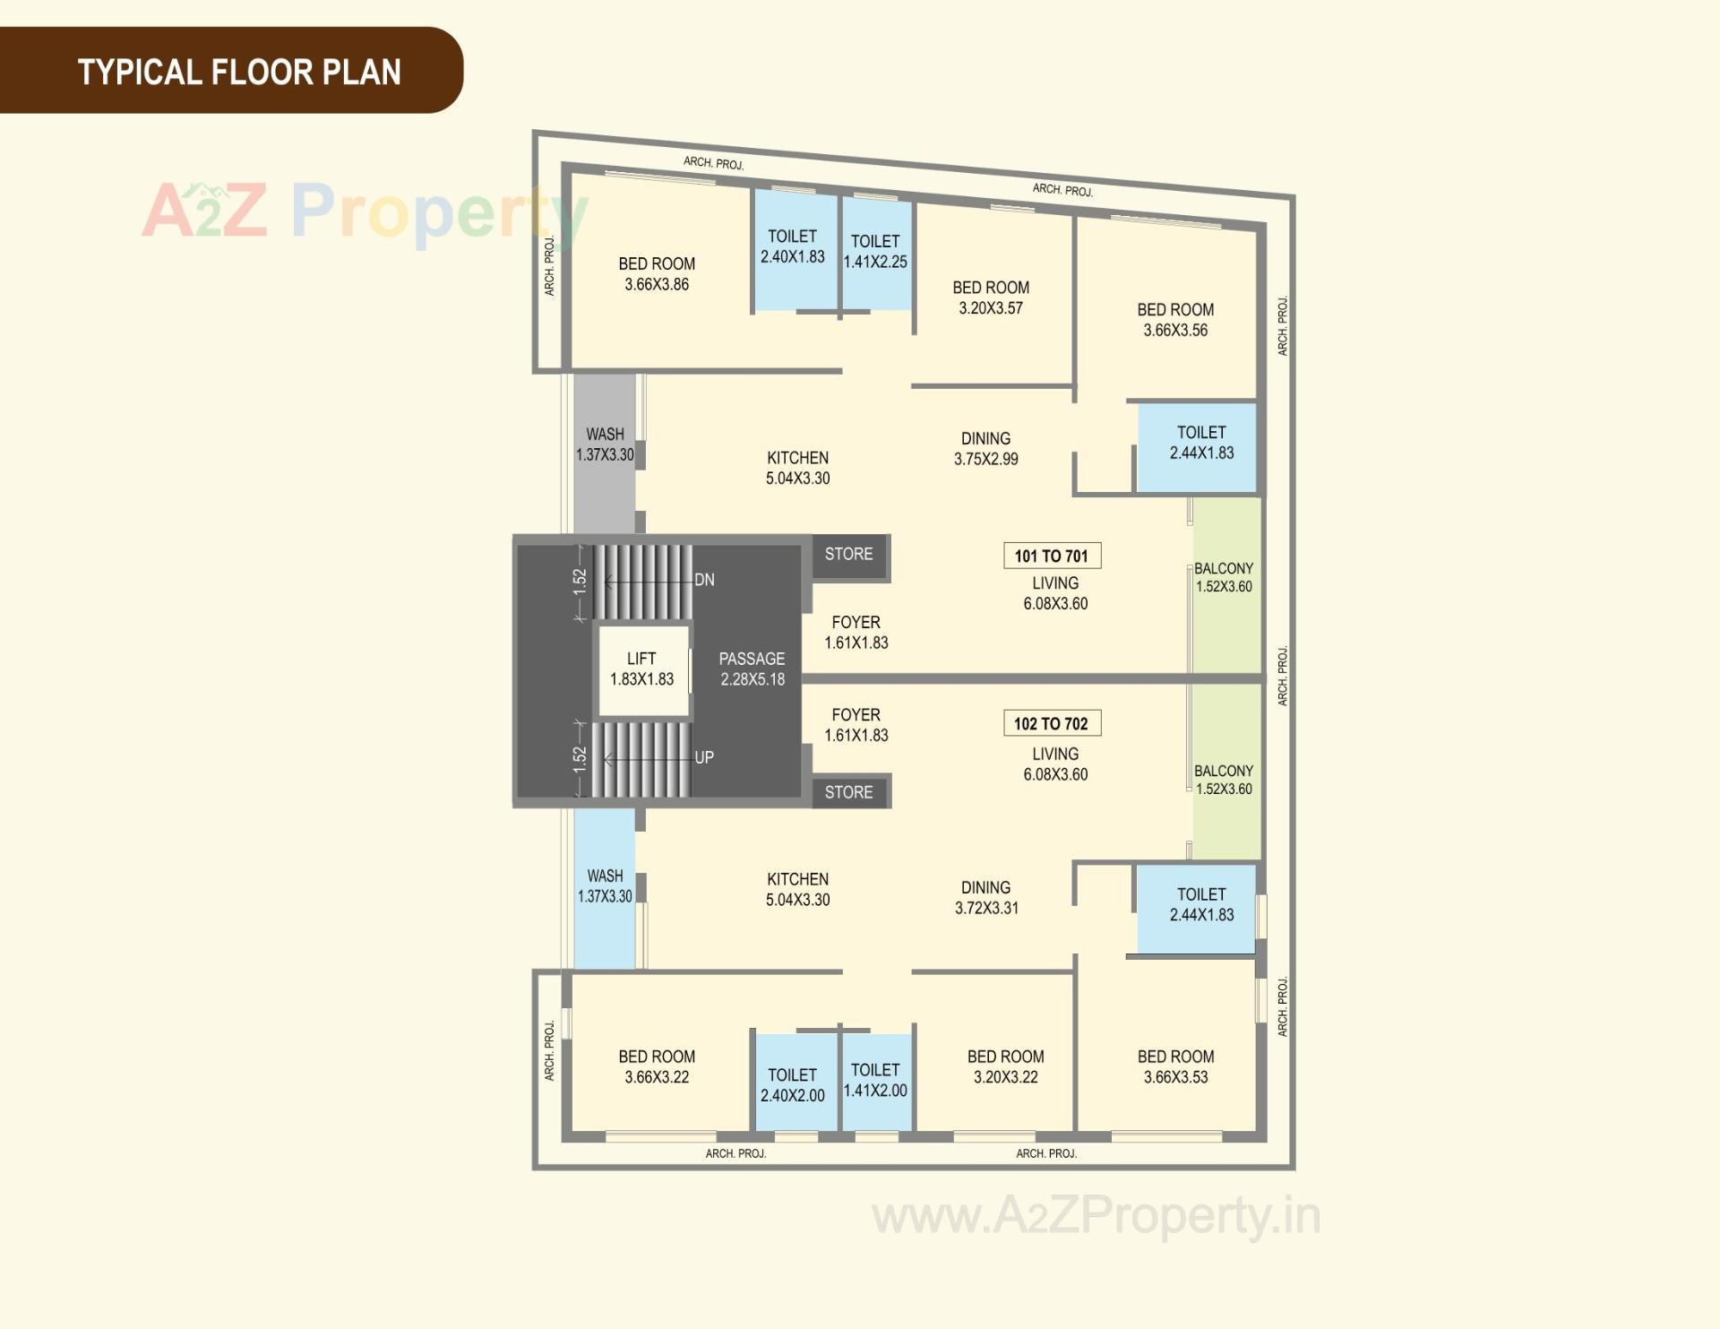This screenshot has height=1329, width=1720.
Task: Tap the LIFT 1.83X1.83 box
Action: [x=642, y=669]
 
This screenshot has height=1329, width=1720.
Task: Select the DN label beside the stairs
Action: [x=704, y=580]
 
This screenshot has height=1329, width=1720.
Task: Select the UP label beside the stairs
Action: [x=704, y=757]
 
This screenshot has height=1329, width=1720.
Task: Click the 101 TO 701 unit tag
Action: [x=1052, y=556]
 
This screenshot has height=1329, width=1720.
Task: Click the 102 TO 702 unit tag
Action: [x=1052, y=723]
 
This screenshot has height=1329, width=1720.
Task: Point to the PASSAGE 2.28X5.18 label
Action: [x=752, y=669]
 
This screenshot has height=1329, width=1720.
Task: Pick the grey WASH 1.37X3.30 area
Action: [x=605, y=453]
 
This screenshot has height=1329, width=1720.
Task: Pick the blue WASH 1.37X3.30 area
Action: [x=605, y=887]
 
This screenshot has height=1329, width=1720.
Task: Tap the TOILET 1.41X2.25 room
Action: [x=875, y=252]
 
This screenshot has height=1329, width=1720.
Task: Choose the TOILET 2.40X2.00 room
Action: [x=793, y=1084]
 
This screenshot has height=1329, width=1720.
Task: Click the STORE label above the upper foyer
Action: [x=848, y=554]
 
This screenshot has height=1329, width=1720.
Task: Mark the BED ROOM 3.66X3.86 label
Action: [x=657, y=274]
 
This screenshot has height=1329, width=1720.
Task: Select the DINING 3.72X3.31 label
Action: [x=986, y=897]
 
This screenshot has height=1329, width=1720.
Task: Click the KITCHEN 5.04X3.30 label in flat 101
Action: [x=797, y=468]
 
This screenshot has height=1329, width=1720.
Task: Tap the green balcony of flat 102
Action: [x=1225, y=778]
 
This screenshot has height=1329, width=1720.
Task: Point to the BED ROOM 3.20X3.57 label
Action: [x=991, y=298]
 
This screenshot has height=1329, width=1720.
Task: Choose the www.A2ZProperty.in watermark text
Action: [x=1096, y=1216]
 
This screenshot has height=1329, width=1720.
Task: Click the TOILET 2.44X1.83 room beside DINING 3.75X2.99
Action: [x=1200, y=444]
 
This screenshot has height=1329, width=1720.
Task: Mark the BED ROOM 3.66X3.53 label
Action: [x=1175, y=1066]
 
